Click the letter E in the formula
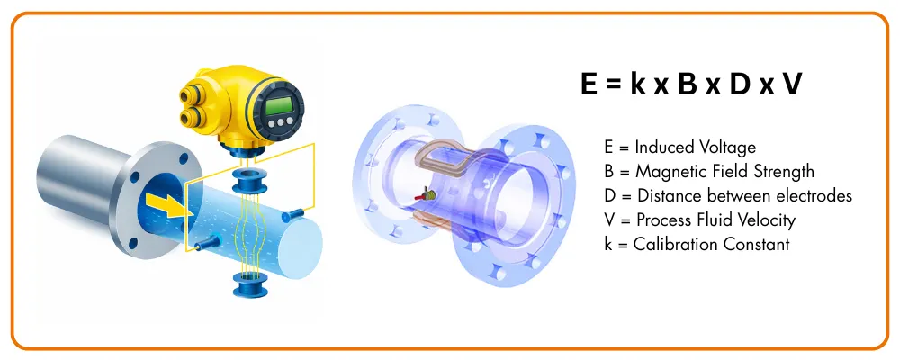point(590,85)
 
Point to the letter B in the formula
point(688,85)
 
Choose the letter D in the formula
point(740,85)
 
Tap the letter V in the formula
point(792,85)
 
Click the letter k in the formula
point(639,85)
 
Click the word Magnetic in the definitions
point(664,172)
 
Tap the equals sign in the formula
point(615,85)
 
